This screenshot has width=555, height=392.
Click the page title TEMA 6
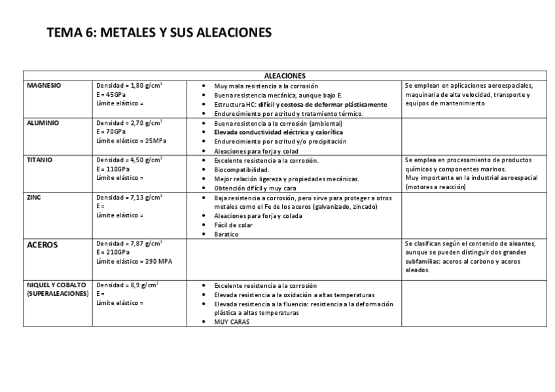coord(159,33)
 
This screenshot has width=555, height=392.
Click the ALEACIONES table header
coord(285,75)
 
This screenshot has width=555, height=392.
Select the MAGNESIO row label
coord(44,85)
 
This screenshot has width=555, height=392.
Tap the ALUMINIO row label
coord(43,122)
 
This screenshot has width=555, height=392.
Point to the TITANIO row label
coord(40,160)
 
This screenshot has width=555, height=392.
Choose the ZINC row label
coord(34,197)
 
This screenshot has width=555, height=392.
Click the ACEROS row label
coord(43,245)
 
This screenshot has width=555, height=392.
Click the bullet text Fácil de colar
coord(234,225)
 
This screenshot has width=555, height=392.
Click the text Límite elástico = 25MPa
coord(131,141)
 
